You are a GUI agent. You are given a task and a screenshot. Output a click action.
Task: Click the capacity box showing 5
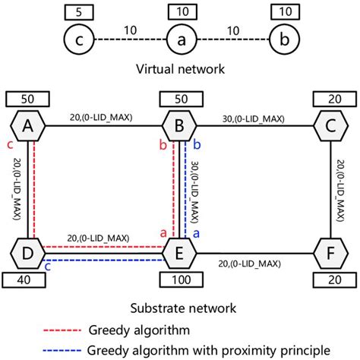point(77,12)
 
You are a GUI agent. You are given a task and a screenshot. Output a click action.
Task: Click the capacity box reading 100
point(179,279)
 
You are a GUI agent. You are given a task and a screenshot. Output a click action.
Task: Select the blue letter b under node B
point(197,144)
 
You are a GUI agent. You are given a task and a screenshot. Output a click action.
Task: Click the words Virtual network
point(179,69)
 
